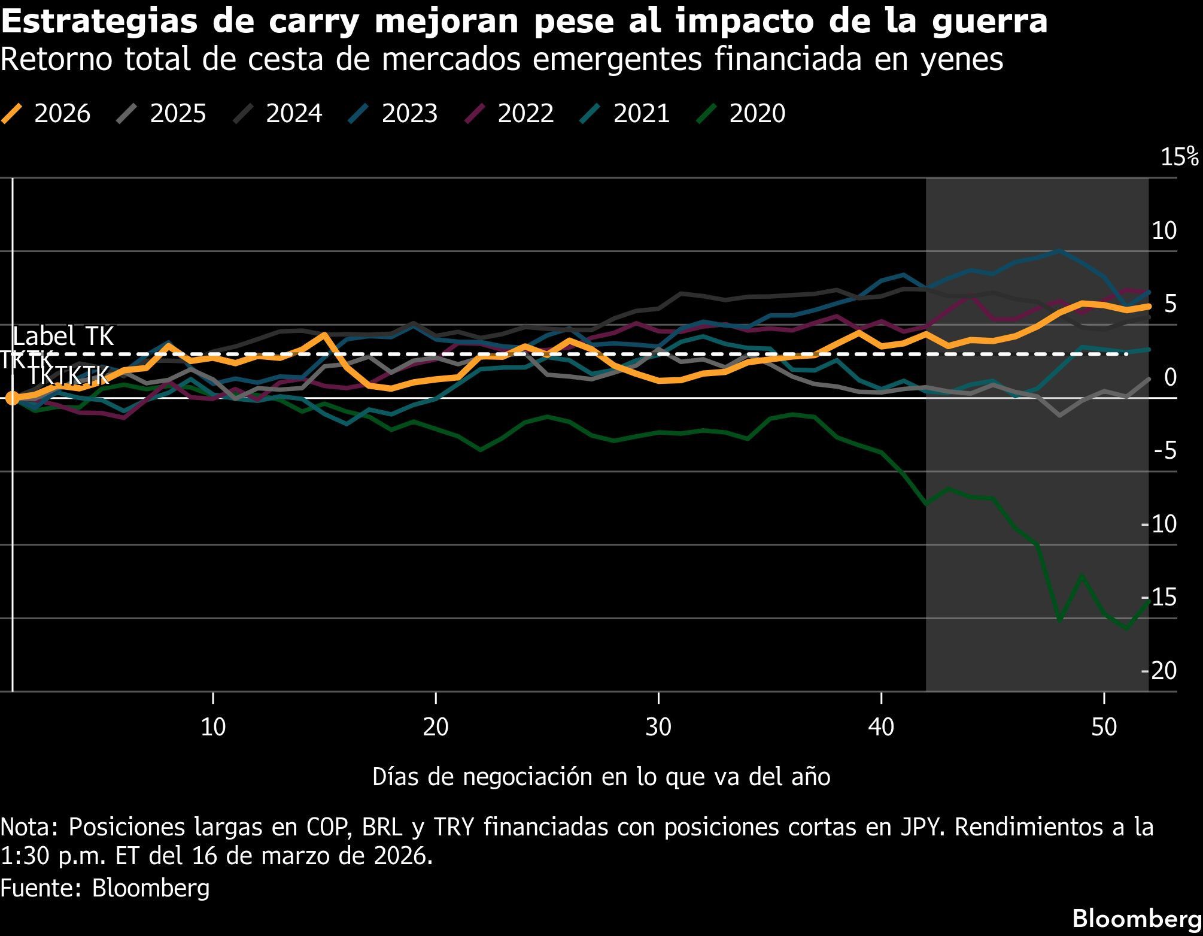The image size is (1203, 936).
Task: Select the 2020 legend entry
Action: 742,113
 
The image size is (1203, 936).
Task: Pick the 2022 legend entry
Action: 510,113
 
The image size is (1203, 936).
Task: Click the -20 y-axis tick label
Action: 1159,670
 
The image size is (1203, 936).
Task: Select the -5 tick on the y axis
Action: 1164,450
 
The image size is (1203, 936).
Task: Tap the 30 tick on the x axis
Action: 658,727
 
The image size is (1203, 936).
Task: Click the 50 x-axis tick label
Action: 1104,727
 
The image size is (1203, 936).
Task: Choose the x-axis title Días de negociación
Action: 601,777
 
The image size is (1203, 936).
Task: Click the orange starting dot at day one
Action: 12,398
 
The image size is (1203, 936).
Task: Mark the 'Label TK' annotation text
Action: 63,336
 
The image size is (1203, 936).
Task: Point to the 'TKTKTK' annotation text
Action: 69,375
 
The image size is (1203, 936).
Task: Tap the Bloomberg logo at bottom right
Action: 1137,918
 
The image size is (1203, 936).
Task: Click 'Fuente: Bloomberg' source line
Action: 105,888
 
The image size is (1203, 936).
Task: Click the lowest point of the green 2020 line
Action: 1126,629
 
